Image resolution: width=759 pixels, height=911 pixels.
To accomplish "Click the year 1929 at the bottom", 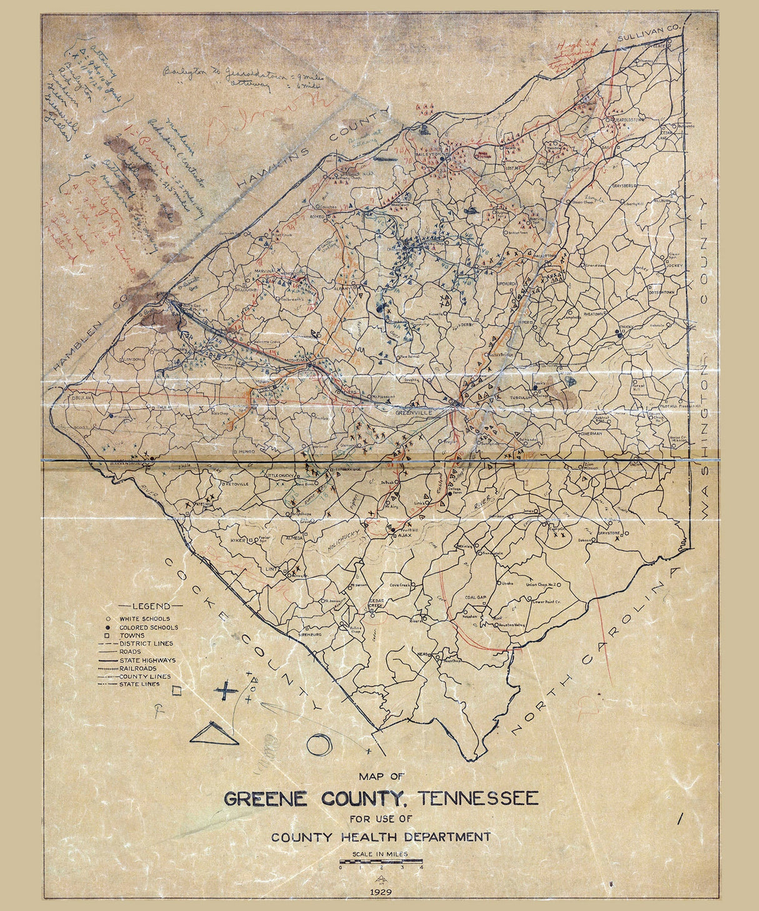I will (380, 892).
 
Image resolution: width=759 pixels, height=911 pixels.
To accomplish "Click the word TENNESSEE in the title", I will (478, 798).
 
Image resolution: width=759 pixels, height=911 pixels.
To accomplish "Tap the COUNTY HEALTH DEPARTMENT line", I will (380, 837).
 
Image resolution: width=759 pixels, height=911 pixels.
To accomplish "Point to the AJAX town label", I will (405, 535).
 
